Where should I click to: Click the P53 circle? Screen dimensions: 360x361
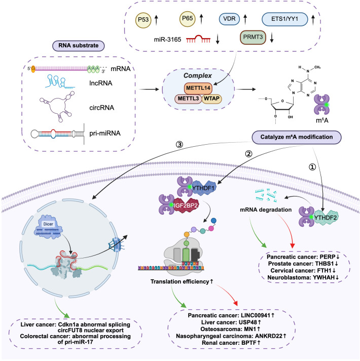coord(143,20)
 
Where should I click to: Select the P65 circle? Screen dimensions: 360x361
coord(188,19)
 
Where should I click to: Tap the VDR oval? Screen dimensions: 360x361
coord(229,19)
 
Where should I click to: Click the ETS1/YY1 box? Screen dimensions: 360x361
coord(285,19)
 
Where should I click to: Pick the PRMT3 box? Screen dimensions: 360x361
coord(253,37)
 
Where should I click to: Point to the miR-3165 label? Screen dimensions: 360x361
coord(168,40)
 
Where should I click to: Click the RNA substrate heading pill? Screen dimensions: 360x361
coord(79,46)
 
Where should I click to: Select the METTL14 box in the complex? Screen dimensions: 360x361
coord(198,88)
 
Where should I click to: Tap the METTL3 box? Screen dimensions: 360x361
coord(188,99)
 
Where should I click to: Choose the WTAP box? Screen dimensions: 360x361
coord(211,99)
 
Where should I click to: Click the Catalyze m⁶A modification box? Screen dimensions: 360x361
coord(297,137)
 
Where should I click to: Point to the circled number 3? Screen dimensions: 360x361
coord(179,145)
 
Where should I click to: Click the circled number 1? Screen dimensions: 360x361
coord(312,167)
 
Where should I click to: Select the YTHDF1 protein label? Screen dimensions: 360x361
coord(203,188)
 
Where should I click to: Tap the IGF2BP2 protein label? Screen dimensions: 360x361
coord(185,205)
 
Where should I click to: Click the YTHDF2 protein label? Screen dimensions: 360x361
coord(326,218)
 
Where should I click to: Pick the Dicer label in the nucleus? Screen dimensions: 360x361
coord(48,224)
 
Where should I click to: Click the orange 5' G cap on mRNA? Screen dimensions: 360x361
coord(33,69)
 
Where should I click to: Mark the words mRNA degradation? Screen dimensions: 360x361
coord(266,210)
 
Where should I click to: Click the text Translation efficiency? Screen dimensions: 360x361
coord(179,282)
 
